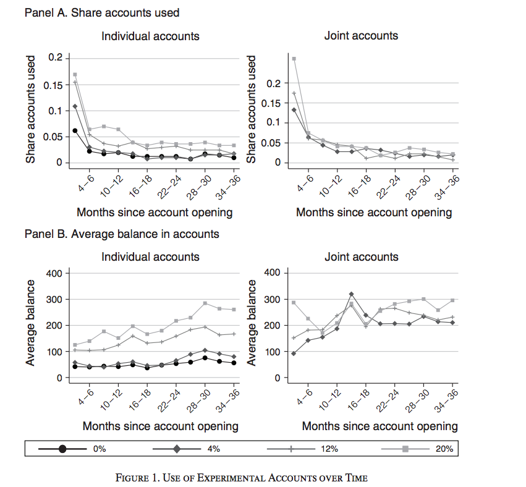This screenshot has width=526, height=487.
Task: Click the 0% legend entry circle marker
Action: coord(62,449)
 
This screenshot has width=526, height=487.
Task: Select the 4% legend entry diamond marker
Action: coord(177,449)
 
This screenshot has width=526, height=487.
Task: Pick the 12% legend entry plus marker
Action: coord(291,449)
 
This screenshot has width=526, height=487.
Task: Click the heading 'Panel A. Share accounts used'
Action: coord(102,12)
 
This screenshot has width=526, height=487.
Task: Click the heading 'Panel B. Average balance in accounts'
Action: coord(121,234)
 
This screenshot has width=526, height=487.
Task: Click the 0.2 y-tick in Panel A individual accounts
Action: coord(56,58)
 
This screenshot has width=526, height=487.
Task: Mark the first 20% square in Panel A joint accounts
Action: coord(294,59)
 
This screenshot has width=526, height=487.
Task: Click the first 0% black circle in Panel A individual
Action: coord(75,130)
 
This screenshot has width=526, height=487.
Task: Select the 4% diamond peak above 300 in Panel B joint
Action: coord(351,294)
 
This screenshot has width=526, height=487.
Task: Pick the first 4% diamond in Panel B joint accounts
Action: coord(294,353)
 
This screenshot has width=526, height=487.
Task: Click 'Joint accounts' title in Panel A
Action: coord(361,36)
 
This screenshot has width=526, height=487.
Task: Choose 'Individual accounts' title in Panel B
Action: coord(150,257)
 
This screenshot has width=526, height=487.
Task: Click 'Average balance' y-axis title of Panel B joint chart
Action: coord(252,322)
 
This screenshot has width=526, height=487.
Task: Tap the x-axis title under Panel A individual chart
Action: coord(154,213)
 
